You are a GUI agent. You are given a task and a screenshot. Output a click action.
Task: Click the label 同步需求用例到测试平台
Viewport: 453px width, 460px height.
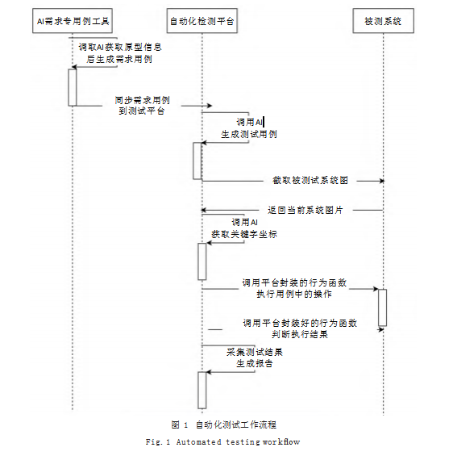tap(148, 106)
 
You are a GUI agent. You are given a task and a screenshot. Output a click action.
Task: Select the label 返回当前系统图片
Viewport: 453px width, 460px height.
tap(305, 210)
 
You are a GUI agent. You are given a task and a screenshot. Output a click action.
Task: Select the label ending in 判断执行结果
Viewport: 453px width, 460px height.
tap(300, 328)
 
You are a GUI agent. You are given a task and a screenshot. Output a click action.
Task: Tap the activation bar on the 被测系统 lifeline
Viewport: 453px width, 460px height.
tap(383, 307)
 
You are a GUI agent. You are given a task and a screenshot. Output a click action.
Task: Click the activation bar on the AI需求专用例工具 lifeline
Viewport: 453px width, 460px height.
tap(73, 86)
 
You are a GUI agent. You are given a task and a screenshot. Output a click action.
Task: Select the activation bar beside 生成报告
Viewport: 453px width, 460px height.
tap(202, 390)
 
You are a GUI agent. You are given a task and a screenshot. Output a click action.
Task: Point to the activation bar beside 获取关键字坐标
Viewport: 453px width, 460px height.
tap(202, 260)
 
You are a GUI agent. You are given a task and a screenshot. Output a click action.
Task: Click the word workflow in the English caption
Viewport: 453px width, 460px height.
tap(281, 442)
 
